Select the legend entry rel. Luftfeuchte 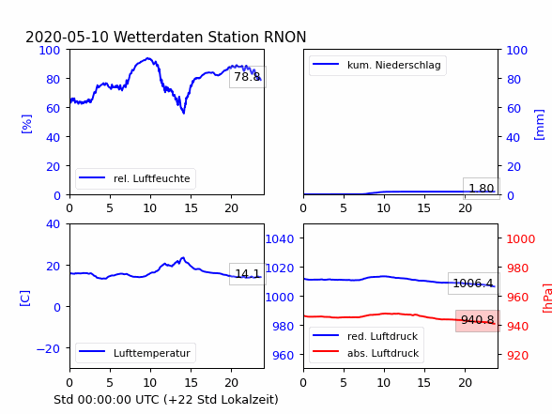[x=135, y=178]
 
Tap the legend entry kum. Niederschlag [x=377, y=65]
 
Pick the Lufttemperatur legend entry [x=135, y=353]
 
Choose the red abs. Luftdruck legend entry [x=366, y=353]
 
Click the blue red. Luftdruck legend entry [x=366, y=336]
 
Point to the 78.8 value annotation [x=248, y=77]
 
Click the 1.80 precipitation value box [x=482, y=189]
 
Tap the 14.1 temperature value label [x=248, y=273]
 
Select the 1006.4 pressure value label [x=473, y=284]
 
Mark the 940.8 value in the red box [x=478, y=320]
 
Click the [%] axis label [x=26, y=124]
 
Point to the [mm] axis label [x=539, y=125]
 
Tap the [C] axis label [x=25, y=299]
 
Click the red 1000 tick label [x=521, y=239]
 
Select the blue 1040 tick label [x=280, y=239]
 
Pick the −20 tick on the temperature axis [x=48, y=348]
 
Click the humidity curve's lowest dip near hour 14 [x=183, y=113]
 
